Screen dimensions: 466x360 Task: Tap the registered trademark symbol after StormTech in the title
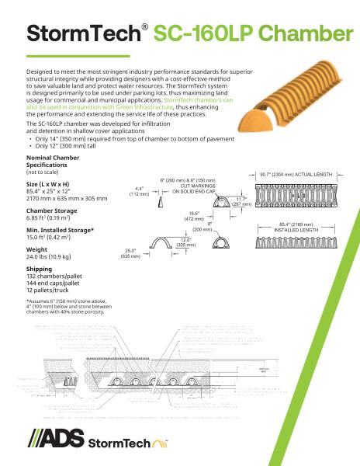(x=144, y=26)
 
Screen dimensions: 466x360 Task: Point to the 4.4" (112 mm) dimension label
(x=142, y=191)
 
